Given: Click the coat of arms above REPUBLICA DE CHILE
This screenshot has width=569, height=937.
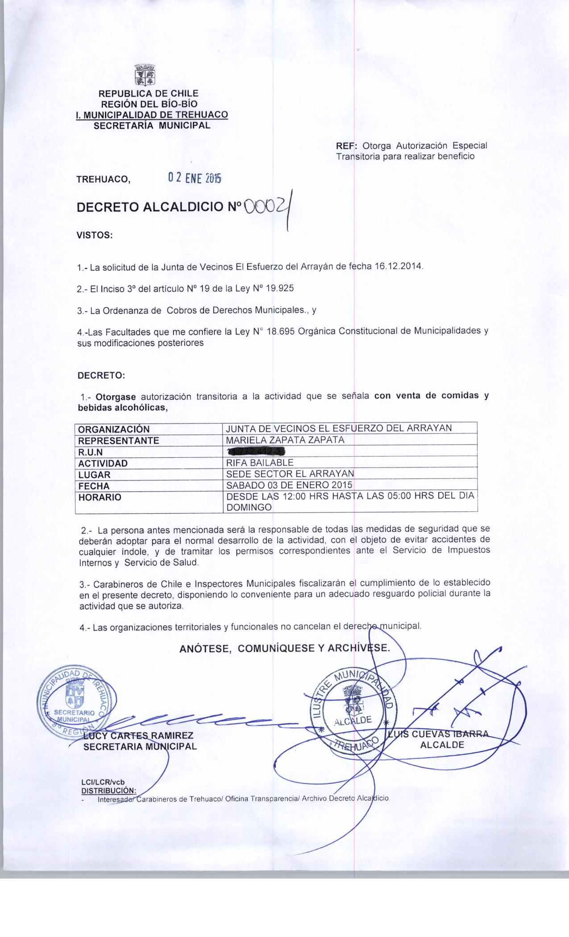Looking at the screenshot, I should click(145, 75).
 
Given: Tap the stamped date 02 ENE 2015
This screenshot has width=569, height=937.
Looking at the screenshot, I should click(194, 178).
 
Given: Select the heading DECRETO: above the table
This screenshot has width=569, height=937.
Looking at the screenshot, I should click(102, 375).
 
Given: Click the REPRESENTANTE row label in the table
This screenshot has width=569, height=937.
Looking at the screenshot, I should click(119, 440).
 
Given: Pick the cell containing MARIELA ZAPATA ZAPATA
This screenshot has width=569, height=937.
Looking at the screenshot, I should click(286, 440).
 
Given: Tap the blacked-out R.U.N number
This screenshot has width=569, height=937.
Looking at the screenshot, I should click(252, 451).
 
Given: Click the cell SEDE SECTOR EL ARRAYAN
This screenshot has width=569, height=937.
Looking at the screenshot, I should click(290, 474).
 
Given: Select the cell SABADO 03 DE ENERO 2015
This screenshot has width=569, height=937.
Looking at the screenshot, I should click(289, 485).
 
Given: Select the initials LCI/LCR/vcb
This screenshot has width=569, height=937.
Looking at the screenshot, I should click(103, 782).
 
